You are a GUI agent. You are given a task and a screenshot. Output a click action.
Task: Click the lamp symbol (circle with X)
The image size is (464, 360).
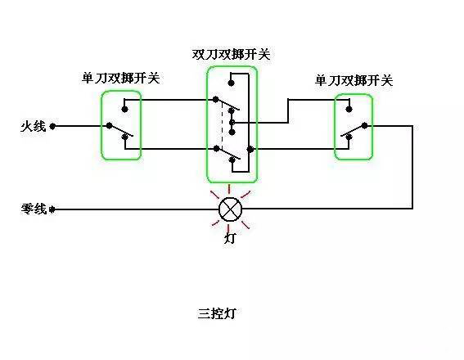tap(232, 209)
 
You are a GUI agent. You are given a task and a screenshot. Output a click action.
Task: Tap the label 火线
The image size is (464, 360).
tap(34, 127)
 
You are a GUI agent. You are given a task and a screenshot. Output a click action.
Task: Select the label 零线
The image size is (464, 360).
tap(34, 209)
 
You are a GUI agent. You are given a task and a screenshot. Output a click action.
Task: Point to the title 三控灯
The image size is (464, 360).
tap(217, 313)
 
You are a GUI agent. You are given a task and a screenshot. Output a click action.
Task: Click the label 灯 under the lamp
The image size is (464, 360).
tap(232, 240)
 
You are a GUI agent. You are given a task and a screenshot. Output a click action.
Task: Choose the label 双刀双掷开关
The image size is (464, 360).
tap(231, 55)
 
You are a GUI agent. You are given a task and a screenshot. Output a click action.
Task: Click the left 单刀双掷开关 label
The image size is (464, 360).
tap(120, 79)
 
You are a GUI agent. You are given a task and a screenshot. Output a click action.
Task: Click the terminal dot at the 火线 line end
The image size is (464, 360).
tap(53, 127)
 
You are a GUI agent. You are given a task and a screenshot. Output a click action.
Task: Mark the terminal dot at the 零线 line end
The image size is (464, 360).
tap(53, 209)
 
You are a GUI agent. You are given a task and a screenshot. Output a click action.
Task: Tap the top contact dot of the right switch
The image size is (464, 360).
tap(349, 108)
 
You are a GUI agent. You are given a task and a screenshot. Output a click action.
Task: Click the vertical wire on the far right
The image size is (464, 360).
tap(412, 168)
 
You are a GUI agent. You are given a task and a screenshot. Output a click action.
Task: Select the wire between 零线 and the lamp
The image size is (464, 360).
tap(135, 209)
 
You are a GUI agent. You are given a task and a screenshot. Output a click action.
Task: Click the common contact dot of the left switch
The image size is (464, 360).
tap(107, 127)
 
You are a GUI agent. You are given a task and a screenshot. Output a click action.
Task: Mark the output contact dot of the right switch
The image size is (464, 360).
tap(367, 126)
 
